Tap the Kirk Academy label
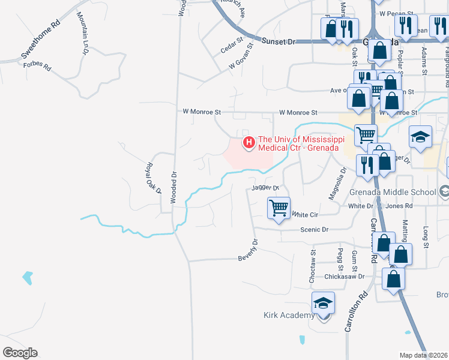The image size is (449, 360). (289, 316)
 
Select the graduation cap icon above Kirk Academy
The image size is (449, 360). (323, 304)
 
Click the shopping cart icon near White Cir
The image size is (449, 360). (279, 209)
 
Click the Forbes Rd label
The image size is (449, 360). (37, 65)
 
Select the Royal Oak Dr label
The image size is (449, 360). (154, 178)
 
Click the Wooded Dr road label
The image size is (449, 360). (173, 188)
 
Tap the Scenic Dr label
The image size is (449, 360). (317, 230)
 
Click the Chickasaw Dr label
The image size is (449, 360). (345, 277)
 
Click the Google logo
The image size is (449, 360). (20, 353)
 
